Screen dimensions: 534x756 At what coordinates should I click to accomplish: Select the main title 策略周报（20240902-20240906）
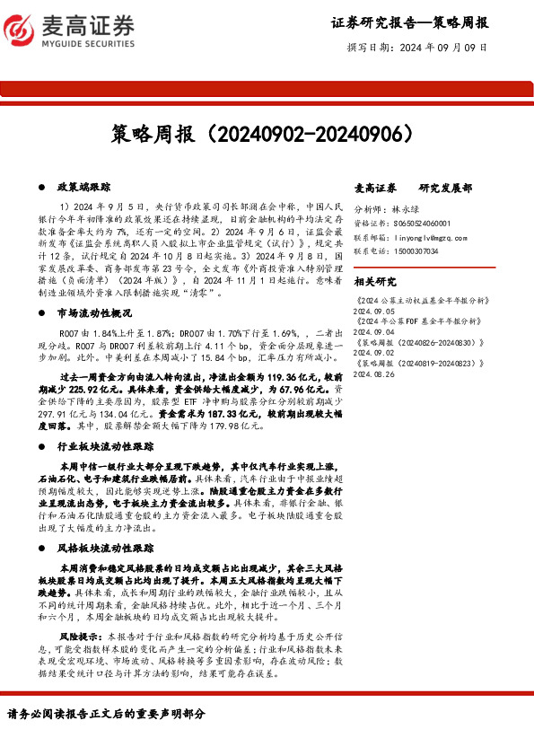tap(267, 135)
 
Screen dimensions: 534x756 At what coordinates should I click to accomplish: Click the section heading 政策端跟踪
tap(83, 187)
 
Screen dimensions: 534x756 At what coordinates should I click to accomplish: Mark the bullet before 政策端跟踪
tap(44, 187)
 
